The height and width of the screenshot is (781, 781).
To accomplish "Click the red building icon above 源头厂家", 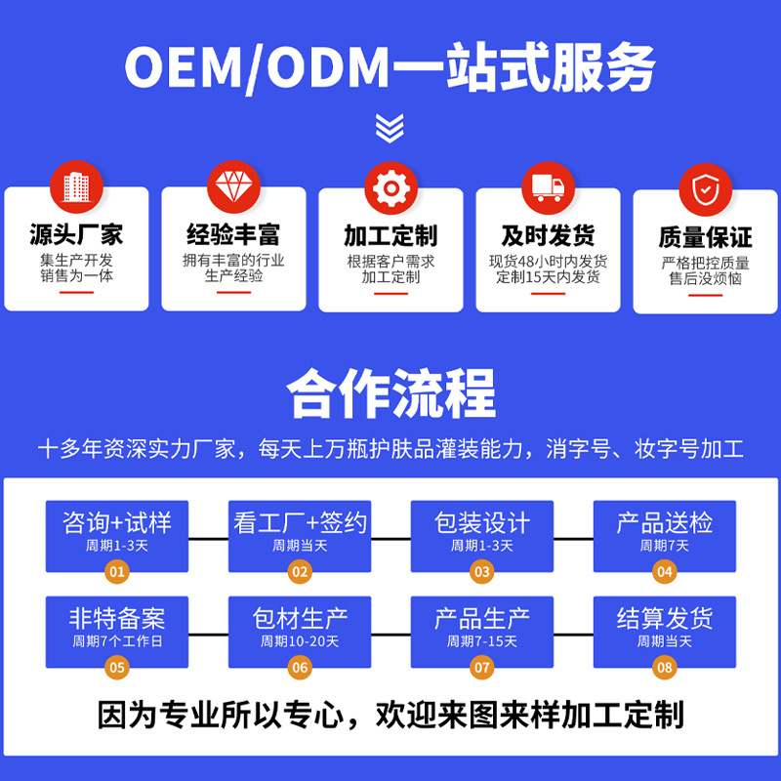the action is tap(76, 186).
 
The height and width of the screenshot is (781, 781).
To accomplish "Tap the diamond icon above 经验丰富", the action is tap(233, 186).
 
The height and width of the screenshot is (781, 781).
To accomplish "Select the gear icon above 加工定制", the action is tap(391, 188).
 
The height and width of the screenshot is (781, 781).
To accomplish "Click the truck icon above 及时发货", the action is tap(548, 188).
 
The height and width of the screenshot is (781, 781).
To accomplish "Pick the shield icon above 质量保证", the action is tap(705, 189).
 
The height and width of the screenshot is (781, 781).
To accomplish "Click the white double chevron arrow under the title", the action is tap(390, 128).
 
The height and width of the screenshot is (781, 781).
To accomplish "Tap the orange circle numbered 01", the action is tap(117, 571).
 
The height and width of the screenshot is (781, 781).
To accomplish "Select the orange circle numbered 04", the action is tap(665, 571).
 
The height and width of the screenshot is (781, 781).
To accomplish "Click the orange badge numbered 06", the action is tap(300, 667).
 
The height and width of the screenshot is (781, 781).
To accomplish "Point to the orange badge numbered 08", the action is tap(665, 667).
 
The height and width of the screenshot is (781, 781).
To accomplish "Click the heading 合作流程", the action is tap(391, 393).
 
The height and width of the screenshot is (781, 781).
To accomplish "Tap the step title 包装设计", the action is tap(481, 522).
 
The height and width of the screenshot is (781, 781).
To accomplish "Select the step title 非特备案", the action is tap(117, 618).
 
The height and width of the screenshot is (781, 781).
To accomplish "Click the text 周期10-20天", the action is tap(300, 641).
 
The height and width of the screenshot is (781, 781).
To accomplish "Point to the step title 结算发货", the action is tap(665, 618).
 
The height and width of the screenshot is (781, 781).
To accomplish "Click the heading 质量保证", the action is tap(705, 237).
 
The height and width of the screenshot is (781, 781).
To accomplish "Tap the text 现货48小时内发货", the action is tap(548, 261).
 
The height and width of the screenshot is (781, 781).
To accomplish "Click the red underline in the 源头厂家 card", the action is tap(76, 292).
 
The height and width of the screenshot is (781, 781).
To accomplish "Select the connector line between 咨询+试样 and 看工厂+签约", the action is tap(208, 539).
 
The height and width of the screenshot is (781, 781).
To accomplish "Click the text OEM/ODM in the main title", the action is tap(257, 67).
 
